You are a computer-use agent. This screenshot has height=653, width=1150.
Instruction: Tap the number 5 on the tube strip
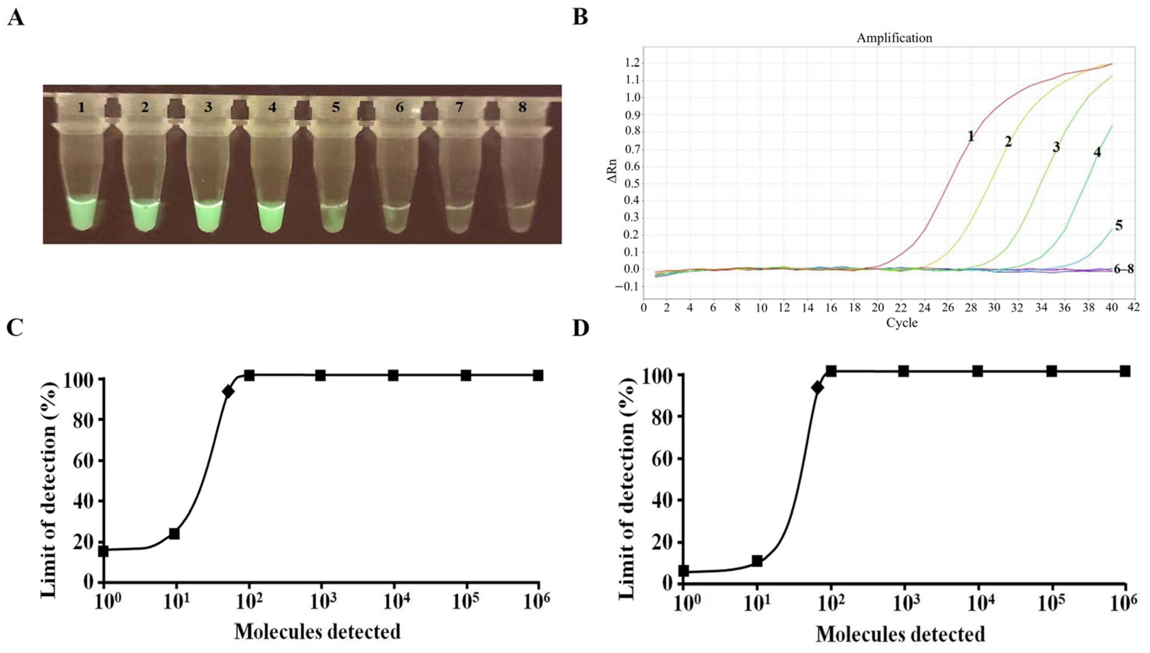pyautogui.click(x=336, y=107)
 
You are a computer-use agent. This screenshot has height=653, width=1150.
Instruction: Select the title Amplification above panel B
pyautogui.click(x=894, y=38)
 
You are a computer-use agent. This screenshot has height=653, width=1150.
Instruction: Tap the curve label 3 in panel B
pyautogui.click(x=1056, y=147)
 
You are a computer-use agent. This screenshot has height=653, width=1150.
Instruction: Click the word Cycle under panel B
pyautogui.click(x=902, y=323)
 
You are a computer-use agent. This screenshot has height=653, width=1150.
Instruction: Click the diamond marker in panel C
pyautogui.click(x=228, y=391)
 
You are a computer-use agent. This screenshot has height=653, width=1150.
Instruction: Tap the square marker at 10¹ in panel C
pyautogui.click(x=174, y=534)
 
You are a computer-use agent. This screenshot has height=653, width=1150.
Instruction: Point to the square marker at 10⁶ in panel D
pyautogui.click(x=1125, y=371)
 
